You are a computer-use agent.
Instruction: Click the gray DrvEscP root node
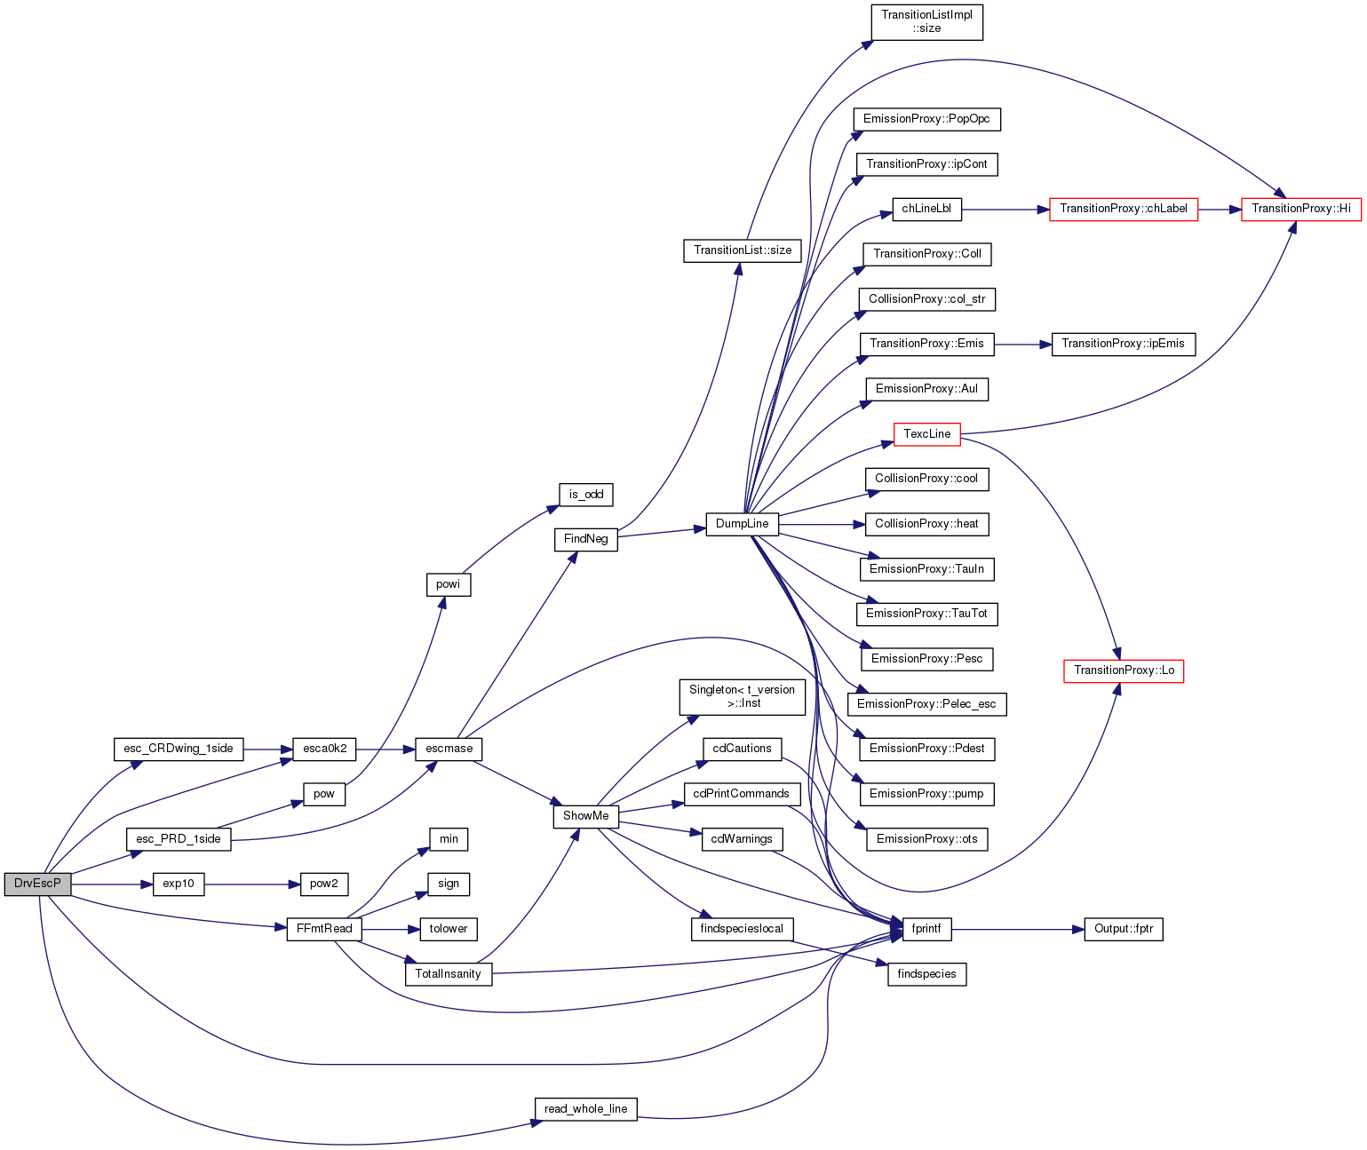click(37, 884)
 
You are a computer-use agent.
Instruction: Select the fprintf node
click(926, 929)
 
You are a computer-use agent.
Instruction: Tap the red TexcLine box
click(926, 434)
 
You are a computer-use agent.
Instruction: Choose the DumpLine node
click(742, 524)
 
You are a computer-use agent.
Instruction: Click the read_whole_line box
click(585, 1109)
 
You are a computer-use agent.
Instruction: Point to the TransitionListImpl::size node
click(926, 22)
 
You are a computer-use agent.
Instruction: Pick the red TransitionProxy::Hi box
click(1300, 209)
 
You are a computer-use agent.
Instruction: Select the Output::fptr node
click(1124, 929)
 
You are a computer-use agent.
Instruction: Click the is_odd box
click(585, 494)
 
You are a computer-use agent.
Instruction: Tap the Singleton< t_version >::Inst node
click(742, 696)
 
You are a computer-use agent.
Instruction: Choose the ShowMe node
click(585, 816)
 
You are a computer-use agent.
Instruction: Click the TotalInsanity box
click(448, 974)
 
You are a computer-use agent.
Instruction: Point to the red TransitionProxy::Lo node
click(1124, 670)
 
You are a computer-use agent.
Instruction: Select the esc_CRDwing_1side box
click(178, 749)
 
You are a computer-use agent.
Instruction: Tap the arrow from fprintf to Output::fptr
click(1018, 930)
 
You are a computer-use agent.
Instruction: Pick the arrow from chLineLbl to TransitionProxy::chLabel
click(1005, 210)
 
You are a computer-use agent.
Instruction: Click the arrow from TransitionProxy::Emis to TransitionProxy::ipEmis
click(1023, 345)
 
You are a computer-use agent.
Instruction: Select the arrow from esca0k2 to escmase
click(385, 749)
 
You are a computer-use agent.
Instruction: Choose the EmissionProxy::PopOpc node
click(926, 119)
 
